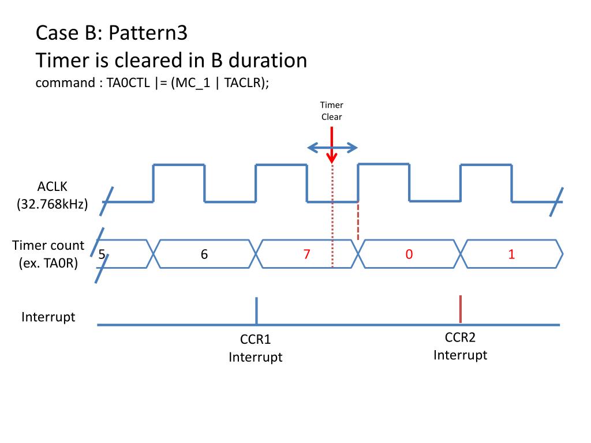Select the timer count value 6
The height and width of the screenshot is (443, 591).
coord(204,254)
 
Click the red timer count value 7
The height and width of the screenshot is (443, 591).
coord(308,254)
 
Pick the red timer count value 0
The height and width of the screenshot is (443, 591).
coord(409,254)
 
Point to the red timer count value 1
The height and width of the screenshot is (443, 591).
coord(511,254)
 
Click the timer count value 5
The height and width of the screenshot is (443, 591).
coord(102,254)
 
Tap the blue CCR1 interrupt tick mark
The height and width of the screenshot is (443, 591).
coord(256,310)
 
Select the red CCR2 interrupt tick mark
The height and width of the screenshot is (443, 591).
coord(460,309)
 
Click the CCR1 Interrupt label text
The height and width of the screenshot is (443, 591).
coord(255,348)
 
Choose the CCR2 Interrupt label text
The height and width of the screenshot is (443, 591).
coord(460,346)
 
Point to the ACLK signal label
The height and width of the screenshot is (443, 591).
coord(53,186)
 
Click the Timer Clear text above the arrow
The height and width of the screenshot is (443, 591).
coord(332,111)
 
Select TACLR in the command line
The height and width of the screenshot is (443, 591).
coord(242,82)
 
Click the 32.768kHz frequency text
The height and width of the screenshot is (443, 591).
coord(53,204)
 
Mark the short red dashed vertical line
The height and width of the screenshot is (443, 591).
coord(358,221)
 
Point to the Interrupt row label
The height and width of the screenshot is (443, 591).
coord(48,317)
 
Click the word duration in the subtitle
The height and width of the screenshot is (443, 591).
coord(268,60)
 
